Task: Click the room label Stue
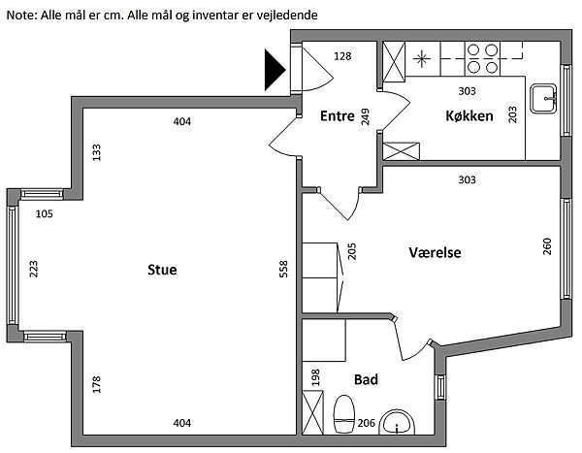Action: [x=162, y=270]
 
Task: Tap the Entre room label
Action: [x=337, y=116]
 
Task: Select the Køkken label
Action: [x=469, y=116]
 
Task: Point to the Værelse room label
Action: [x=434, y=252]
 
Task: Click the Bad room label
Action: [x=366, y=379]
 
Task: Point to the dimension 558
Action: [x=284, y=269]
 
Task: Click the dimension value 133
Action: [x=96, y=152]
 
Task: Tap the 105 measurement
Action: [x=46, y=214]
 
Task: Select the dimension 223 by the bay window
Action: [x=34, y=269]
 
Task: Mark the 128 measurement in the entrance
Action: [x=342, y=57]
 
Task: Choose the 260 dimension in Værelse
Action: [x=548, y=247]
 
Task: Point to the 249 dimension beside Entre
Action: [x=366, y=117]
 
